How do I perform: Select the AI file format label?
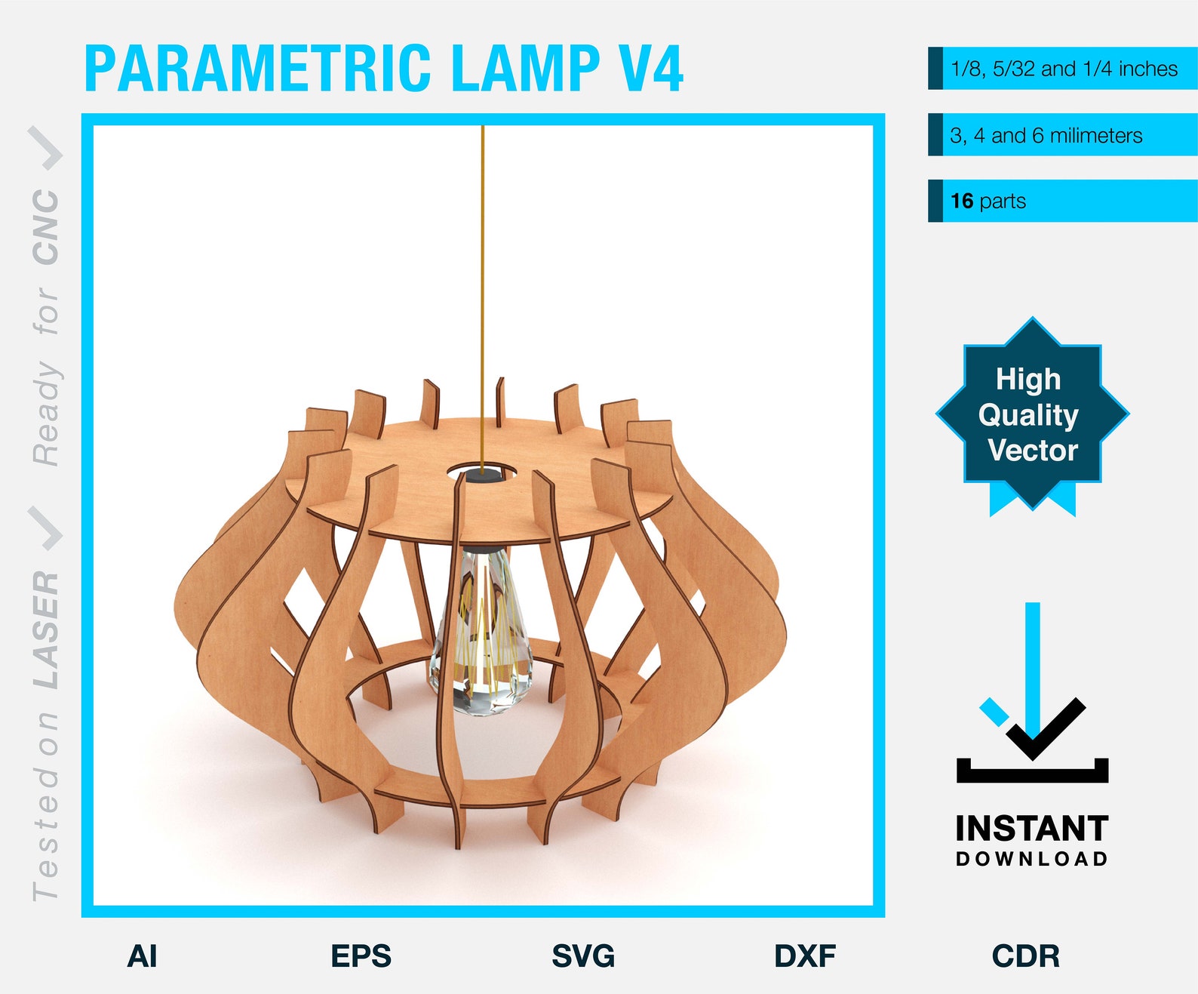[x=142, y=956]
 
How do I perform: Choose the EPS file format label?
[x=361, y=956]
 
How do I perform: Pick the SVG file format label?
[x=583, y=956]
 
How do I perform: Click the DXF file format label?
[x=805, y=956]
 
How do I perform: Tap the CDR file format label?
[x=1025, y=956]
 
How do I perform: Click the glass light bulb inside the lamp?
[x=481, y=634]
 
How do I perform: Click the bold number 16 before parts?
[x=962, y=201]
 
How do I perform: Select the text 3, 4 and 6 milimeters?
[x=1046, y=136]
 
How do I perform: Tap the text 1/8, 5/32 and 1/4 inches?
[x=1064, y=69]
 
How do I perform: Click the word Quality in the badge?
[x=1028, y=415]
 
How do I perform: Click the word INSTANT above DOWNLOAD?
[x=1031, y=829]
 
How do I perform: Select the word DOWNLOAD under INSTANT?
[x=1031, y=859]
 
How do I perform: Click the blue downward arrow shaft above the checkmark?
[x=1032, y=657]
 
